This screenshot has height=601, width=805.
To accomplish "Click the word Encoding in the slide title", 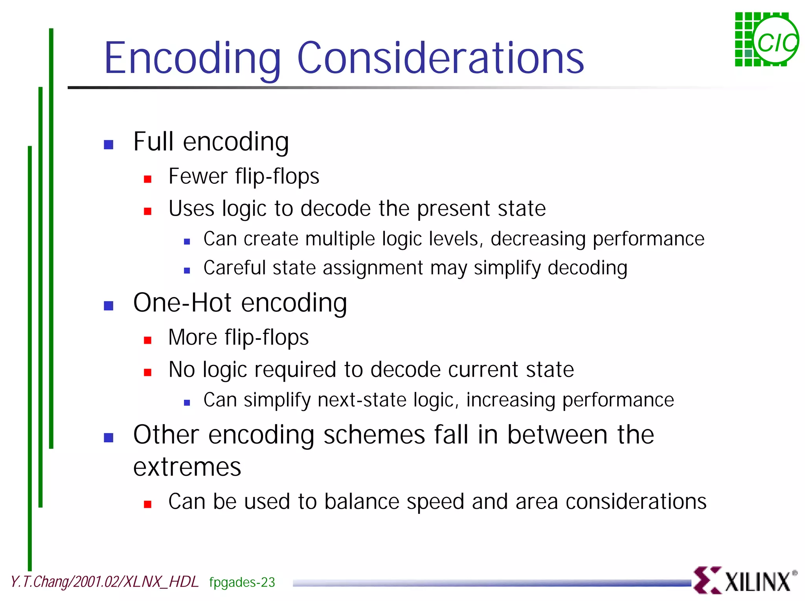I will [193, 58].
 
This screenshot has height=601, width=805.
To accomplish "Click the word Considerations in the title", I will [441, 58].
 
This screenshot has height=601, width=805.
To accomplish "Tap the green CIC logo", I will [766, 40].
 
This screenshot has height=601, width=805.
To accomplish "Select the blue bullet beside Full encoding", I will [108, 145].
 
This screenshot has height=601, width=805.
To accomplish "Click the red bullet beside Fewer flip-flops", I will [148, 179].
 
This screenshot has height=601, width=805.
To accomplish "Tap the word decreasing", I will [538, 239].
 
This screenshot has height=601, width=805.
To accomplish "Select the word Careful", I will [235, 268].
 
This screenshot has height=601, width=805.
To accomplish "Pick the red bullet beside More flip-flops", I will [148, 340].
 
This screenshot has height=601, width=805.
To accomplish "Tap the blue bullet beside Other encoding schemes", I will [108, 438].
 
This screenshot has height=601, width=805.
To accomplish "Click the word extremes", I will [187, 467].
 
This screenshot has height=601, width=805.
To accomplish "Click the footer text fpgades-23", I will [242, 582].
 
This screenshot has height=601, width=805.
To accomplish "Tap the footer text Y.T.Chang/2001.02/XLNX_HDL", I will [105, 582].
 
